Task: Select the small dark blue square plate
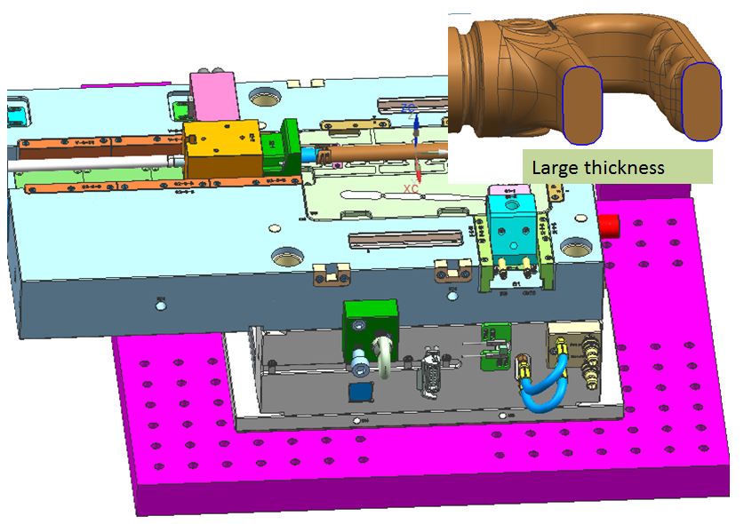pyautogui.click(x=360, y=393)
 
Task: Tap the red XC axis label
pyautogui.click(x=410, y=188)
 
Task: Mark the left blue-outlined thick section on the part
pyautogui.click(x=584, y=105)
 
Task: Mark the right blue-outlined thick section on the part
pyautogui.click(x=700, y=101)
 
